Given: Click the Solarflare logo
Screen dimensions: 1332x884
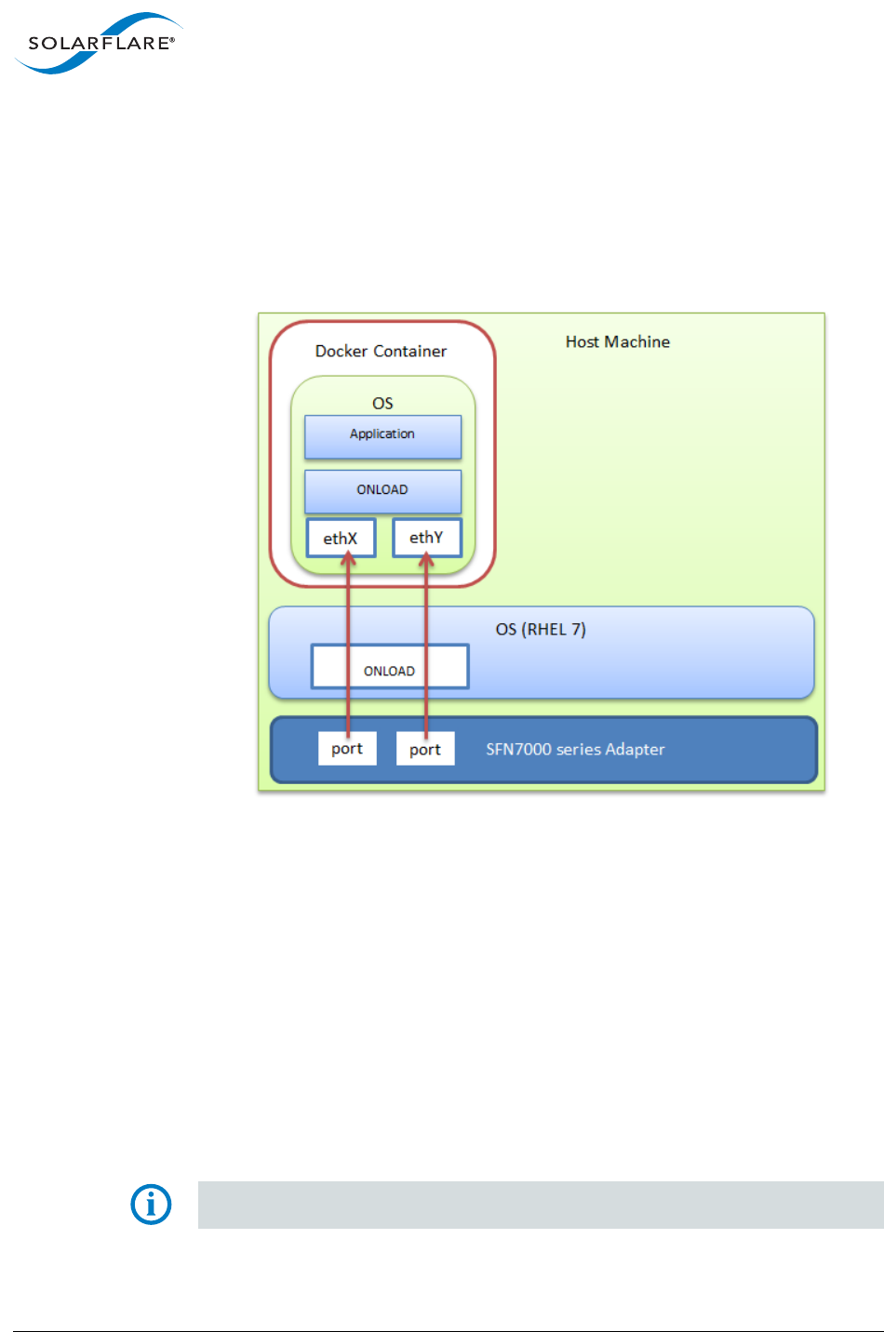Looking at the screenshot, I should (98, 43).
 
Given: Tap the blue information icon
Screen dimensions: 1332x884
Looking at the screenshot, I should (151, 1205).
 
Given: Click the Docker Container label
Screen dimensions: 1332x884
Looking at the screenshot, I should (381, 351).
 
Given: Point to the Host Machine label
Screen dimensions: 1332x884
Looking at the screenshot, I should (617, 341).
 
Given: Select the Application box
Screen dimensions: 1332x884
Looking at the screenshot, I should (382, 435).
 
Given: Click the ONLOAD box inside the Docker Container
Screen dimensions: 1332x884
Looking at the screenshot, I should (382, 490).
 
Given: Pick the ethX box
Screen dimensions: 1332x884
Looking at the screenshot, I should (341, 538).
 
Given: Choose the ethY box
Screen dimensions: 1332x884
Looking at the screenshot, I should (426, 538).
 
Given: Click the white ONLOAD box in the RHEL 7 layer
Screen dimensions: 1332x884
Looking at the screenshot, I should (389, 667).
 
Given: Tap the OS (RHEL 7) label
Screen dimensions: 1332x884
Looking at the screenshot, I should (541, 629).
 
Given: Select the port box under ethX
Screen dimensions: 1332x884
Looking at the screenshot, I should (347, 749).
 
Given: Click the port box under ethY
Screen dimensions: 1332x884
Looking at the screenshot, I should (425, 749).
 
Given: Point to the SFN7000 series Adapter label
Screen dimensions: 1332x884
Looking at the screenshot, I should (575, 749).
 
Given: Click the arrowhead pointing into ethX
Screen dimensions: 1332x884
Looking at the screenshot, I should (348, 559).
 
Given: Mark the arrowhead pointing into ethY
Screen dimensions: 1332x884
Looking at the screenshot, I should (426, 559).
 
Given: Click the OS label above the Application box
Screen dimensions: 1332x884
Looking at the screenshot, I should (382, 403).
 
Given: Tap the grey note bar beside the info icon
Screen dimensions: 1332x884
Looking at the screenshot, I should (540, 1205).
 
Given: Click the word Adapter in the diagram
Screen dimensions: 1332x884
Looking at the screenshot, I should (636, 749).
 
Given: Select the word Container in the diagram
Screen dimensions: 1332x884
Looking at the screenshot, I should (409, 351).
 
